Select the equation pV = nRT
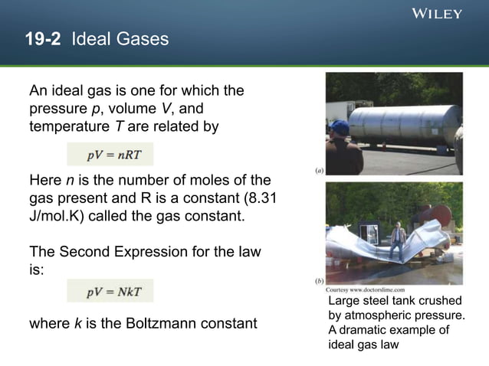110,155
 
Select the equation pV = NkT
110,290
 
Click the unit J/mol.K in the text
61,216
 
